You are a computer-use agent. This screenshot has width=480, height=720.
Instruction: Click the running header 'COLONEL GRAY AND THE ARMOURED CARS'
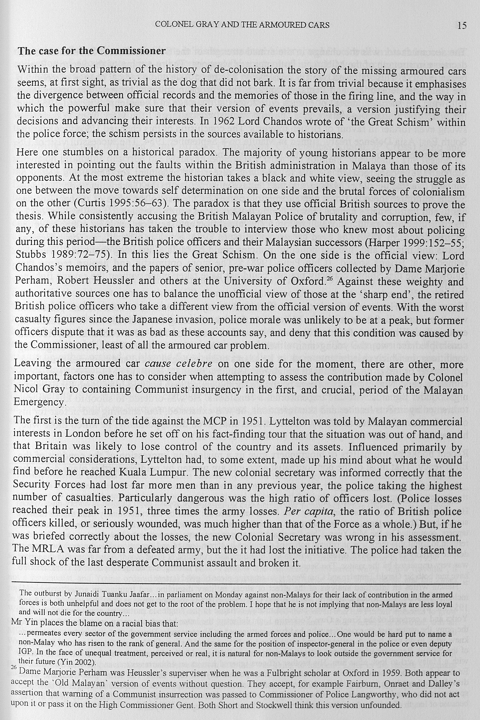point(242,25)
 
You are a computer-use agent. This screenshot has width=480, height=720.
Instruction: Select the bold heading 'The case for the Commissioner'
point(92,51)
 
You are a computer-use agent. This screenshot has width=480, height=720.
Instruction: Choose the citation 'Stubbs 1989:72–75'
point(60,255)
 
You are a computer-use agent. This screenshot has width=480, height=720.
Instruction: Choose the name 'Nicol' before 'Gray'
point(26,390)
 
